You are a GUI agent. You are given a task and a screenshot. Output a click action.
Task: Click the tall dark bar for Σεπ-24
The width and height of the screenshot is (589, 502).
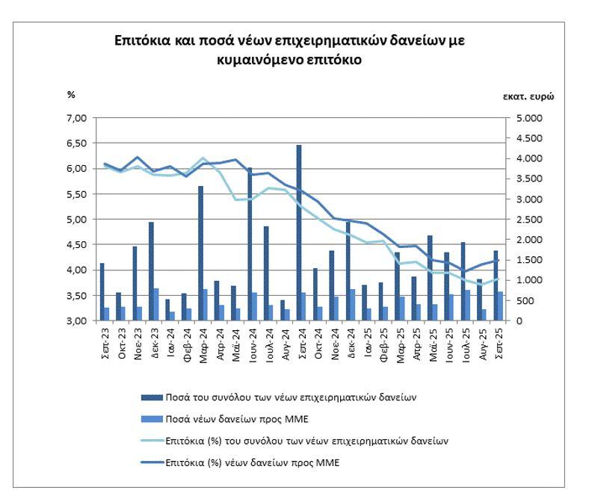pos(299,233)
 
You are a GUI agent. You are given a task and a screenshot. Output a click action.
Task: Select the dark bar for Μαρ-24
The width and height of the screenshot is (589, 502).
pos(200,254)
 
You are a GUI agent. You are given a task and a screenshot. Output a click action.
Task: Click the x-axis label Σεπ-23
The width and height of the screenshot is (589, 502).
pos(105,343)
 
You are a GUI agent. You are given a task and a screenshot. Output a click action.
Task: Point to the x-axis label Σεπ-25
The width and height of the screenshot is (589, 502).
pos(499,343)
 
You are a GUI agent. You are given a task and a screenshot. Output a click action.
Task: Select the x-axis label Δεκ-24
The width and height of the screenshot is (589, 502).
pos(351,343)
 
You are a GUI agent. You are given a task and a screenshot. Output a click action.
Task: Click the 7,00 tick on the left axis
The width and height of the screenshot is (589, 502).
pos(78,118)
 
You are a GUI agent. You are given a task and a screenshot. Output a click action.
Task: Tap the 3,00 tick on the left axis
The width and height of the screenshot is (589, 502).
pos(78,321)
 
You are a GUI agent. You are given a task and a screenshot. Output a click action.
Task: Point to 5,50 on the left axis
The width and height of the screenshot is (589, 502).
pos(78,194)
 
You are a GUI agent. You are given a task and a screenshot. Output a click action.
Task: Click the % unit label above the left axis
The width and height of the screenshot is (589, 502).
pos(71,95)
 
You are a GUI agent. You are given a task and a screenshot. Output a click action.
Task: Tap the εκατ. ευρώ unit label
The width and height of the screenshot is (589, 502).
pos(528,96)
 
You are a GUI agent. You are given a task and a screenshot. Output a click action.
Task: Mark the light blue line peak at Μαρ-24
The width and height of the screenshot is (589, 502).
pos(203,158)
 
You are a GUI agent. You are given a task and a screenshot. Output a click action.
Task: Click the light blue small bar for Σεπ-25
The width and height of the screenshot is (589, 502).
pos(500,306)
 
